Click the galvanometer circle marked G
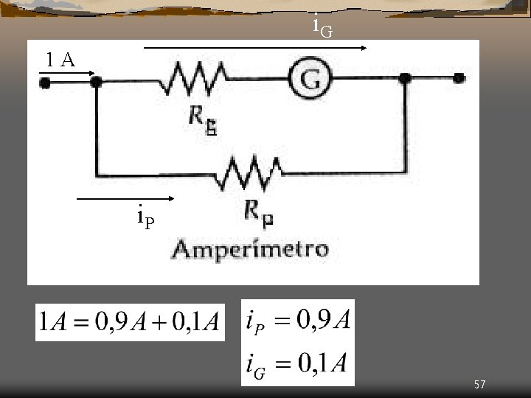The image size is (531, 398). (311, 80)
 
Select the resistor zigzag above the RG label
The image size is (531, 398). (196, 78)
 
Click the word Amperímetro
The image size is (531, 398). (250, 248)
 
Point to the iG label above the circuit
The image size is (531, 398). (322, 27)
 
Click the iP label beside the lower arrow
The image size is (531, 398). (145, 217)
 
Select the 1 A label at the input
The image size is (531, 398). (60, 60)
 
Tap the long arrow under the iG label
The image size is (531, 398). (255, 48)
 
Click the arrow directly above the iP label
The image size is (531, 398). (125, 199)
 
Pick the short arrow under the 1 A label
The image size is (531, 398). (69, 73)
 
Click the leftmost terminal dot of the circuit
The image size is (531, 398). (45, 83)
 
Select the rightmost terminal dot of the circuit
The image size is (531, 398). (459, 78)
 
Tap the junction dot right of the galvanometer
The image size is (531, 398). (404, 78)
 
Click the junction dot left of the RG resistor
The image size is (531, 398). (96, 83)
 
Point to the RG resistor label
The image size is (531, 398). (202, 119)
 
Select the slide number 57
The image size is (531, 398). (480, 384)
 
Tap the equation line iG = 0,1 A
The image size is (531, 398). (298, 363)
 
